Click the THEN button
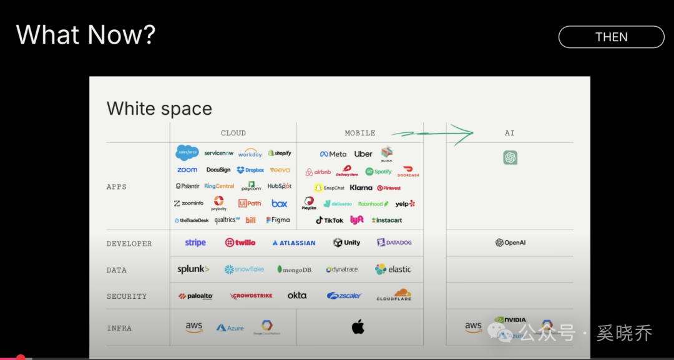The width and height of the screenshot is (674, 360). [x=611, y=37]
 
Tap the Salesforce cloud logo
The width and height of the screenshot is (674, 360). [x=187, y=153]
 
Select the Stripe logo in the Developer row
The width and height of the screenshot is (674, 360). [x=195, y=243]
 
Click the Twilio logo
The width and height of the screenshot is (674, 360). [x=240, y=243]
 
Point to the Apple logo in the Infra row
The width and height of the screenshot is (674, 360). [x=358, y=327]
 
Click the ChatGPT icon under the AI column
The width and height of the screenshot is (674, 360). [x=510, y=157]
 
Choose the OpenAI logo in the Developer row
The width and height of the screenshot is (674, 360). [x=510, y=243]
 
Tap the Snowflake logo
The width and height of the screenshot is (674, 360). [x=244, y=270]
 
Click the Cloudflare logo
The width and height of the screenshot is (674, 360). [x=394, y=295]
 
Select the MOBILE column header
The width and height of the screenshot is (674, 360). [x=360, y=133]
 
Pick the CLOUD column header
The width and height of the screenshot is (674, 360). [x=233, y=133]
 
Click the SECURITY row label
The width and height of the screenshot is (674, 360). [x=127, y=296]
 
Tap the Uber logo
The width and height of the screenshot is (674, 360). [x=363, y=154]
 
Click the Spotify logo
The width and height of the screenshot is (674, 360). [x=379, y=172]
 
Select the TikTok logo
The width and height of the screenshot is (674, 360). [x=330, y=220]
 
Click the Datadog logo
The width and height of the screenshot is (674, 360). [x=394, y=243]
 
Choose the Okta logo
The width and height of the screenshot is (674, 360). [x=297, y=295]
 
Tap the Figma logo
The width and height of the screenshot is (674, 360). [x=278, y=220]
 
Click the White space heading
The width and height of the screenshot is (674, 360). [x=159, y=109]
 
